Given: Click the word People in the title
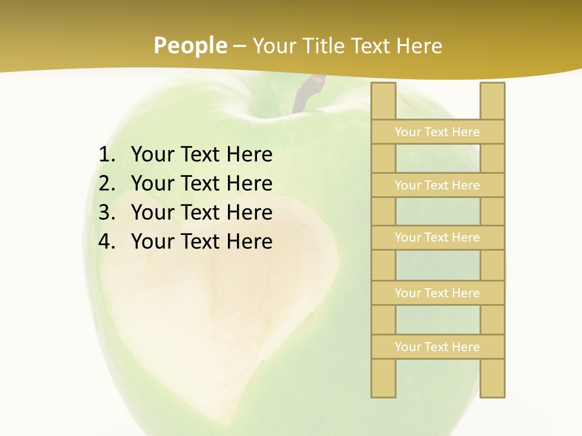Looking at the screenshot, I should (190, 45).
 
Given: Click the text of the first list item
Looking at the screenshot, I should (201, 155).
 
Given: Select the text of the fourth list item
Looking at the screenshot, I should (201, 242).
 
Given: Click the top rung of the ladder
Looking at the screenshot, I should (437, 132).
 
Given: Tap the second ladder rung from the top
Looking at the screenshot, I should (437, 185).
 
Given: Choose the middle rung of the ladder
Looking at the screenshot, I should (437, 237).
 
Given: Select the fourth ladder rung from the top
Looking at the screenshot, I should (437, 293).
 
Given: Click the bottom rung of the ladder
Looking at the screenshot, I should (437, 347).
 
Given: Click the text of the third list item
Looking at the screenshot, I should (201, 213).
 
